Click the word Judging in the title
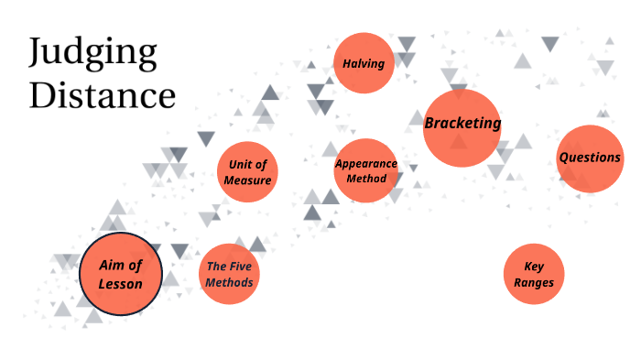pyautogui.click(x=92, y=55)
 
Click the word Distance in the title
pyautogui.click(x=102, y=94)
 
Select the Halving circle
pyautogui.click(x=364, y=63)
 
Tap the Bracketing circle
pyautogui.click(x=462, y=127)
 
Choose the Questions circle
pyautogui.click(x=590, y=158)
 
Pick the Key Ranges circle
pyautogui.click(x=534, y=275)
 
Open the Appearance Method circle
pyautogui.click(x=366, y=170)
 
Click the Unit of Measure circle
pyautogui.click(x=247, y=171)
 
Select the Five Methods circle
pyautogui.click(x=229, y=274)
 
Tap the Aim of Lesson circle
pyautogui.click(x=121, y=274)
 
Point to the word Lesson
pyautogui.click(x=121, y=283)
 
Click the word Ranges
pyautogui.click(x=534, y=282)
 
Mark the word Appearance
pyautogui.click(x=366, y=163)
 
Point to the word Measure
pyautogui.click(x=247, y=180)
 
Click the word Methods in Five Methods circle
pyautogui.click(x=229, y=282)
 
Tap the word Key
pyautogui.click(x=534, y=267)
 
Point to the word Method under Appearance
pyautogui.click(x=366, y=178)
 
